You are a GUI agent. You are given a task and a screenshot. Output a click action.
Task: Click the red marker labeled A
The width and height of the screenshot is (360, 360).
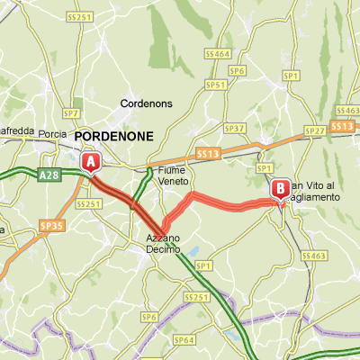(x=90, y=161)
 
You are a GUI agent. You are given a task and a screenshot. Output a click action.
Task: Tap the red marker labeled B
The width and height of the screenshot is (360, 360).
(x=280, y=189)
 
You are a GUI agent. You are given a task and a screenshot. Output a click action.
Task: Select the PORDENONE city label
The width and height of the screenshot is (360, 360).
(x=115, y=136)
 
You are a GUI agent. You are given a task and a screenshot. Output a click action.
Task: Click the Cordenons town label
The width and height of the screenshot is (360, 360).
(x=146, y=103)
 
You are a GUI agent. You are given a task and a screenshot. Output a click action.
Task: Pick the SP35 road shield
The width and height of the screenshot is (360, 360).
(x=53, y=226)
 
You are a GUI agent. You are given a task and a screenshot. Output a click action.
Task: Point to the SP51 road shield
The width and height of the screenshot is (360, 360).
(x=215, y=85)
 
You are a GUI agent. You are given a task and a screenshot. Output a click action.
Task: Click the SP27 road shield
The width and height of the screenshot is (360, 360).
(x=314, y=130)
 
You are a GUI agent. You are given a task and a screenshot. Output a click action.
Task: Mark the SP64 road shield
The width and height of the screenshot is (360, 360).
(x=184, y=339)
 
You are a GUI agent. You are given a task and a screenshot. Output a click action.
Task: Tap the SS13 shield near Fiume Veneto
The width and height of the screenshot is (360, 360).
(x=208, y=155)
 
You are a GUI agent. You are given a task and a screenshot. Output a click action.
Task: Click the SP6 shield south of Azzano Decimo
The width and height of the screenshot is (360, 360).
(x=149, y=318)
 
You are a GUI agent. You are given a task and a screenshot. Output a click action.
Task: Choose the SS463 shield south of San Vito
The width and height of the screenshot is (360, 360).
(x=315, y=256)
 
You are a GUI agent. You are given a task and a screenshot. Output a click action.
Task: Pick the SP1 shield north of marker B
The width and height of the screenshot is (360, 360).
(x=265, y=168)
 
